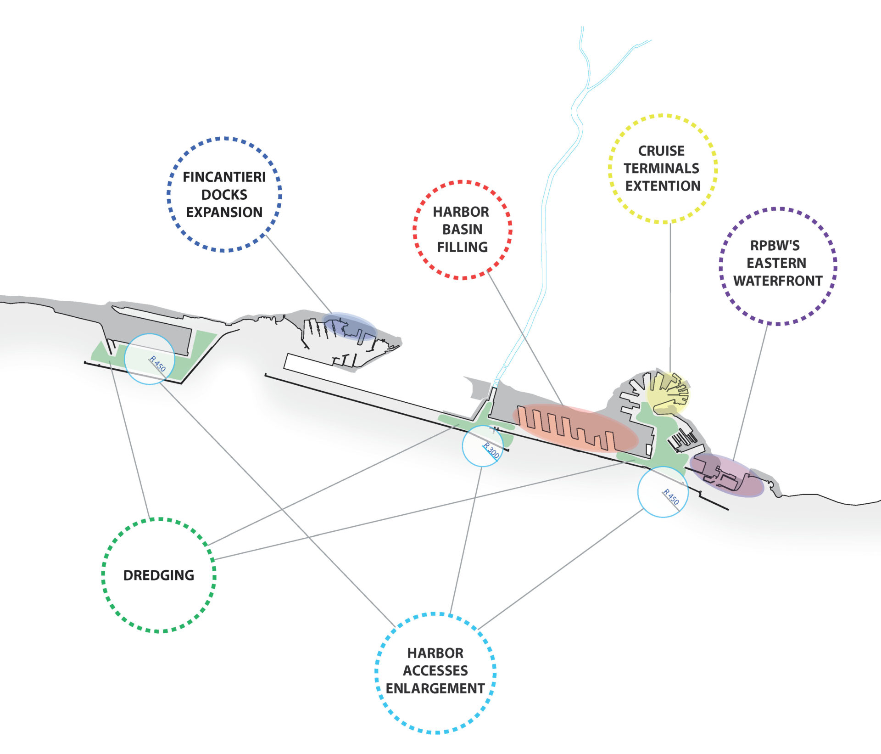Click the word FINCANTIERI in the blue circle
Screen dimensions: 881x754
[x=224, y=177]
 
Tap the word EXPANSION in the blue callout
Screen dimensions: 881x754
[x=224, y=212]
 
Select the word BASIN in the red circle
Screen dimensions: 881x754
[x=462, y=229]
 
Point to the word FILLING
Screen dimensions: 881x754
[x=462, y=247]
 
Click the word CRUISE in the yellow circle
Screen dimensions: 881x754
[x=661, y=151]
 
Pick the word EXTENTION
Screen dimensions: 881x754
[x=663, y=186]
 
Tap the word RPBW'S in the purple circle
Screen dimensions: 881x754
[x=775, y=246]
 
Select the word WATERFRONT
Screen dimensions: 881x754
[x=778, y=281]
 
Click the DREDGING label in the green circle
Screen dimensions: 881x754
[x=159, y=575]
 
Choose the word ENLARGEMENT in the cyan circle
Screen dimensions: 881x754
[x=435, y=688]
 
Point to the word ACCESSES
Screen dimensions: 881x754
[x=435, y=670]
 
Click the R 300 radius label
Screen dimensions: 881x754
[x=491, y=451]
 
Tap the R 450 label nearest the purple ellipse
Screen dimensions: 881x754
[x=671, y=497]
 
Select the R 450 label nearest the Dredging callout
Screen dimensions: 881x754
[x=157, y=364]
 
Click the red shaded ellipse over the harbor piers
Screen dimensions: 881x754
[x=575, y=428]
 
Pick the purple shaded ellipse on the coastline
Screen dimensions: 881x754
[x=727, y=475]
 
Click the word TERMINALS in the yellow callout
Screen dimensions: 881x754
[x=661, y=169]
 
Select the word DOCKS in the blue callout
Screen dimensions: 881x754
[x=224, y=195]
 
